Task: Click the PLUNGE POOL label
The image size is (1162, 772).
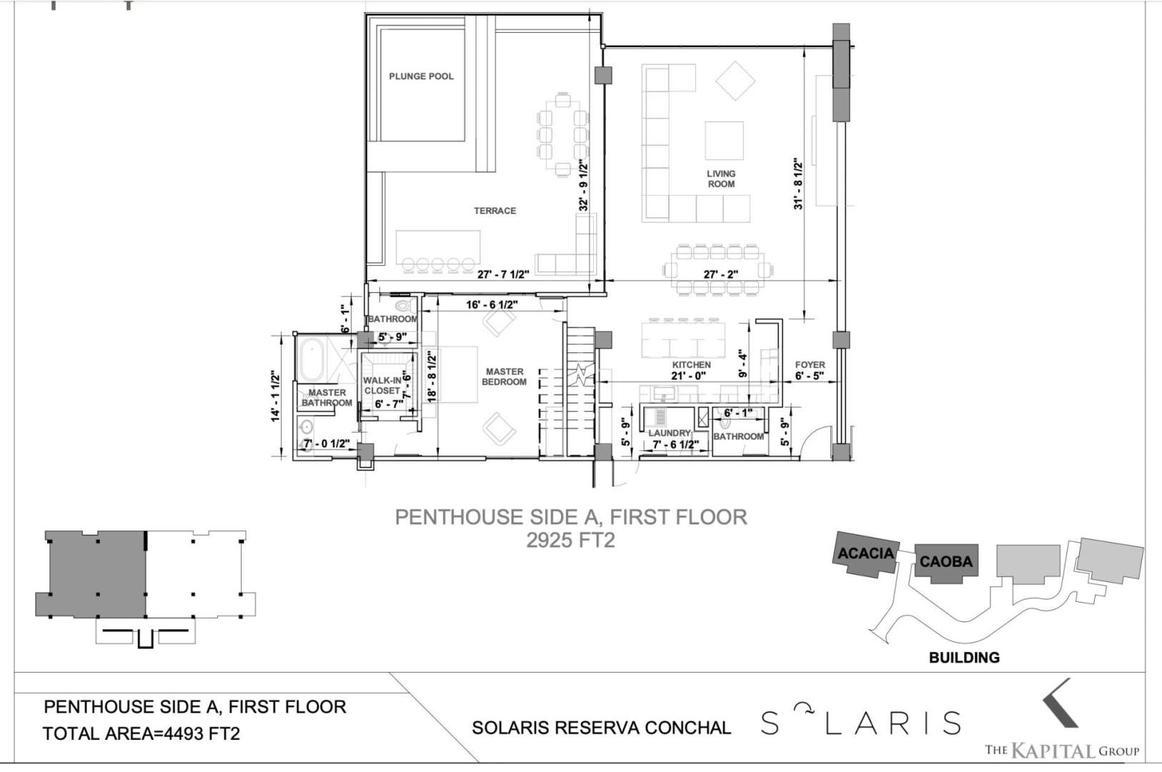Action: (421, 76)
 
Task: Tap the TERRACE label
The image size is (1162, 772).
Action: (495, 211)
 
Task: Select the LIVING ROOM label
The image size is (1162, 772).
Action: (721, 179)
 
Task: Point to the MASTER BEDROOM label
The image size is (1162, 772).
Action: (505, 377)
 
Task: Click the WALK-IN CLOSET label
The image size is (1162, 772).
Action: (382, 385)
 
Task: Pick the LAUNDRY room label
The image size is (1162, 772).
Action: (669, 432)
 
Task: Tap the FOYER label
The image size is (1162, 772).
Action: (810, 365)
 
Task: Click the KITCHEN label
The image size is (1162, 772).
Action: (692, 365)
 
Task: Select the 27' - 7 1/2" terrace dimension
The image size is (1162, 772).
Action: (503, 274)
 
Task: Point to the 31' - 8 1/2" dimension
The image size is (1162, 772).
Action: (798, 184)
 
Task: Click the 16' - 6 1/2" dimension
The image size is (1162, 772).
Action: (492, 305)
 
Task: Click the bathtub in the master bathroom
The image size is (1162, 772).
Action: (312, 360)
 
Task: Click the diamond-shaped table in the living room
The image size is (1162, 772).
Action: (735, 81)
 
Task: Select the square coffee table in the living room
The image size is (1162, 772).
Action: (724, 141)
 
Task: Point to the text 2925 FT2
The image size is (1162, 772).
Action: (570, 540)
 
